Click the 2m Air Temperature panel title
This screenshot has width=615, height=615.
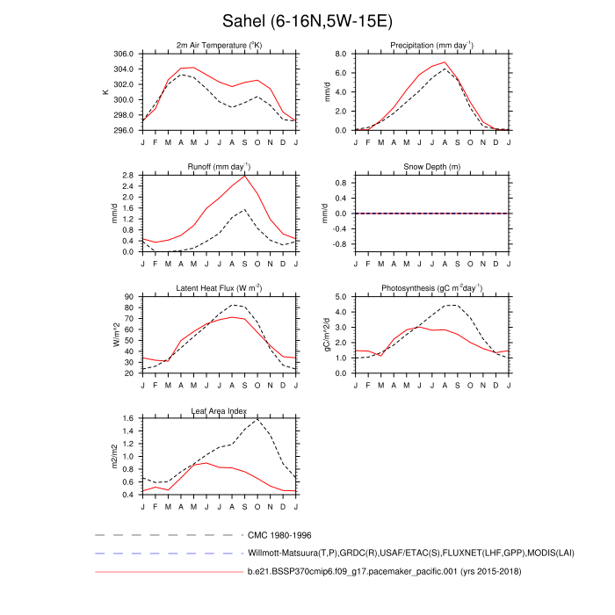[219, 45]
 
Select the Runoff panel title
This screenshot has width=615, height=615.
[219, 166]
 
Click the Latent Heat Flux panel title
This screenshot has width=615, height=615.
[219, 288]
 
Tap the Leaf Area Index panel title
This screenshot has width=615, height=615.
[219, 410]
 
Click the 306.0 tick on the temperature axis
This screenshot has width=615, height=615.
[125, 54]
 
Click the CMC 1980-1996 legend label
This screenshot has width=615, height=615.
[279, 535]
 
